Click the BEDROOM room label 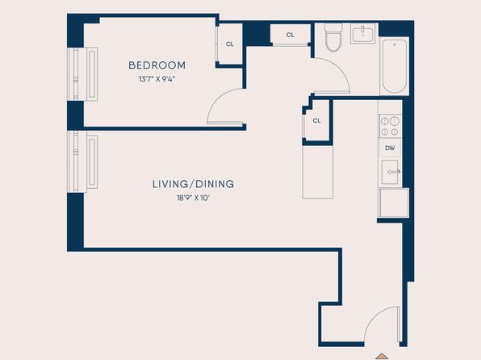pyautogui.click(x=157, y=65)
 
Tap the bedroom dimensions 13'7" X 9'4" pyautogui.click(x=157, y=79)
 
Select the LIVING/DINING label pyautogui.click(x=193, y=184)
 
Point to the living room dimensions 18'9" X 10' pyautogui.click(x=193, y=198)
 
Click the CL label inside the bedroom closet pyautogui.click(x=230, y=44)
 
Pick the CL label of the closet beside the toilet pyautogui.click(x=291, y=35)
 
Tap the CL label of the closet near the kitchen pyautogui.click(x=316, y=120)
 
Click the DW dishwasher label pyautogui.click(x=390, y=149)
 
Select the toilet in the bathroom pyautogui.click(x=333, y=37)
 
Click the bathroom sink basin pyautogui.click(x=363, y=34)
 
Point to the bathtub pyautogui.click(x=395, y=66)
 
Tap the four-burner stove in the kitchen pyautogui.click(x=390, y=126)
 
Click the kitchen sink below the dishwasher pyautogui.click(x=390, y=172)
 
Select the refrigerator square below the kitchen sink pyautogui.click(x=394, y=203)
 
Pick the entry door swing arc pyautogui.click(x=376, y=318)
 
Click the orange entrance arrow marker pyautogui.click(x=382, y=356)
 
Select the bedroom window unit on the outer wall pyautogui.click(x=82, y=74)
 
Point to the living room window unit pyautogui.click(x=82, y=161)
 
